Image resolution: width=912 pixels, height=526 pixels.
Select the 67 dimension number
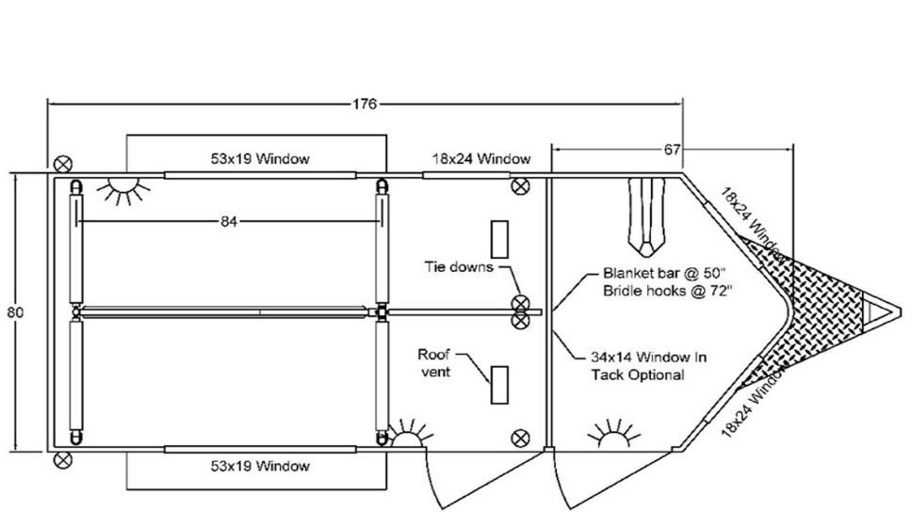tap(672, 149)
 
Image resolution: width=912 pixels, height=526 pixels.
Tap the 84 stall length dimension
tap(230, 221)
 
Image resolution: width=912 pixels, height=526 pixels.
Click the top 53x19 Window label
tap(260, 158)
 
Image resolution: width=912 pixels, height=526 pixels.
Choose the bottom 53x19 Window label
tap(260, 466)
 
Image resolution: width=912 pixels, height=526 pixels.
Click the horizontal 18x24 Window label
tap(480, 158)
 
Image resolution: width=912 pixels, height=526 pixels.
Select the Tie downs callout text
tap(457, 266)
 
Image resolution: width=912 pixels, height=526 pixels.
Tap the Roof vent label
tap(435, 362)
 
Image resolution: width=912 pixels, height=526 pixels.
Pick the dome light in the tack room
tap(614, 435)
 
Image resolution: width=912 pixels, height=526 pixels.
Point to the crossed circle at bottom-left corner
tap(63, 459)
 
